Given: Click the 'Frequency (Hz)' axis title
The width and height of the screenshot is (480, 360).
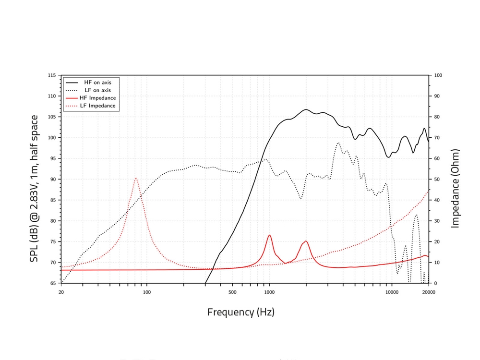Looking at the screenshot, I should point(240,312).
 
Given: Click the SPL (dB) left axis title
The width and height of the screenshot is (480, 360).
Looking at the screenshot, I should point(34,188).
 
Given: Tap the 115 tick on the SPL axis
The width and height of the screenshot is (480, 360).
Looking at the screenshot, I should point(51,75).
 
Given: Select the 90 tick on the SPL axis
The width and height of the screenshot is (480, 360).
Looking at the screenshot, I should point(53,180).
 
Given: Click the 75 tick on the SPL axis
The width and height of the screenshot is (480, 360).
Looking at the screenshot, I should point(53,242).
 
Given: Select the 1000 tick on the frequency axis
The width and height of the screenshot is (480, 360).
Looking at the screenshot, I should point(269,291).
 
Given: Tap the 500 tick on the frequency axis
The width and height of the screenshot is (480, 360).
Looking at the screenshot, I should point(232,291).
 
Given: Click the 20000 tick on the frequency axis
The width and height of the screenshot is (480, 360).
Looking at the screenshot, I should point(428,291).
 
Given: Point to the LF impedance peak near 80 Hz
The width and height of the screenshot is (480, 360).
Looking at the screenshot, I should point(136,178).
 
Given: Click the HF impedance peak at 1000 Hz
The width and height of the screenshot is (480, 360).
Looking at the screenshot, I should point(269,235).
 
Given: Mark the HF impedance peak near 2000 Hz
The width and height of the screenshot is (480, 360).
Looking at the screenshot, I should point(306,241).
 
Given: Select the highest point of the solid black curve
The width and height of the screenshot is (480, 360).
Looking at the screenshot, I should point(306,109).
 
